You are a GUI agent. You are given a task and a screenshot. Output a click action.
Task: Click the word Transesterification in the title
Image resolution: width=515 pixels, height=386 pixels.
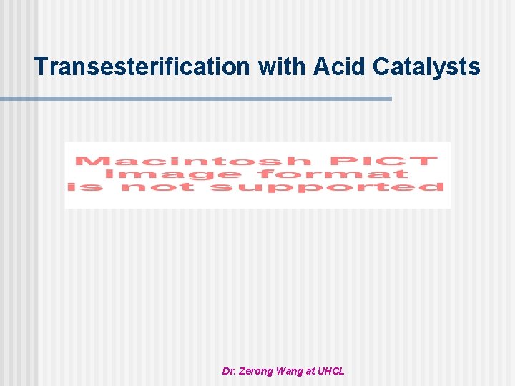coord(143,66)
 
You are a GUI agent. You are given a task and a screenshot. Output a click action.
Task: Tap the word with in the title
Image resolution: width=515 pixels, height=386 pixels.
coord(282,66)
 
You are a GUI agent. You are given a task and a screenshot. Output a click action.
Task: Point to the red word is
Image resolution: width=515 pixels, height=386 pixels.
coord(85,187)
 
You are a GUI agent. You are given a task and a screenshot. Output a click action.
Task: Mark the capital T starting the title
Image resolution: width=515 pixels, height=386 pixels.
coord(41,66)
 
